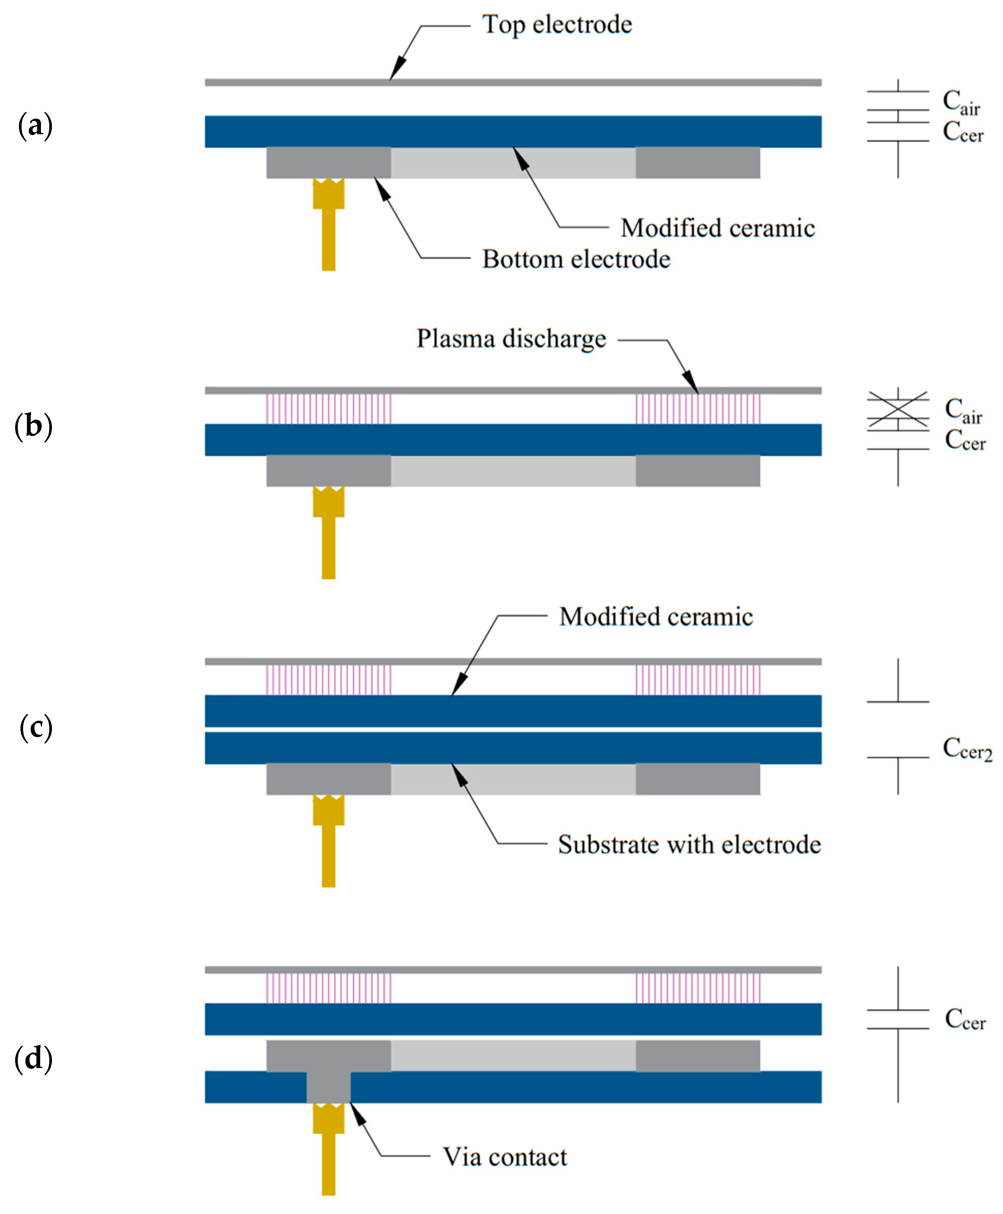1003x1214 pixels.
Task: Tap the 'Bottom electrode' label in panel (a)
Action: (x=576, y=259)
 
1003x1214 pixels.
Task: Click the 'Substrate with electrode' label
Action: (x=689, y=845)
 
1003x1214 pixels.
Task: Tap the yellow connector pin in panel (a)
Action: (x=328, y=225)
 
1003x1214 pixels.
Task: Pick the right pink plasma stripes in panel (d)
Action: (x=697, y=988)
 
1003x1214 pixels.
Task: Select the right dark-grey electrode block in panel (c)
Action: (x=697, y=779)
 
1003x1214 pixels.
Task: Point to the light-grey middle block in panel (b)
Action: (x=513, y=471)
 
